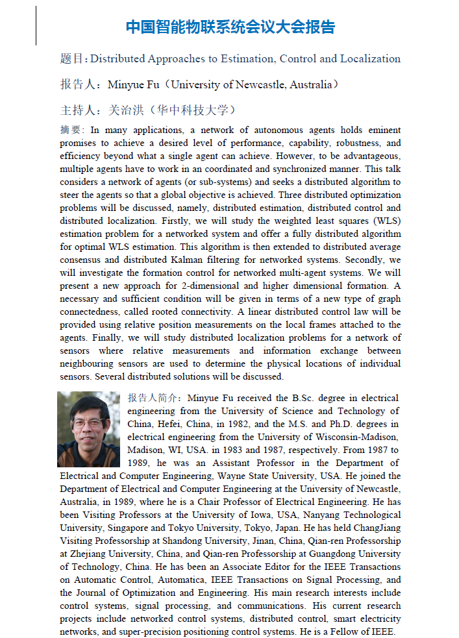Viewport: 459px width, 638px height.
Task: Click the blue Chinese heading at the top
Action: click(x=230, y=27)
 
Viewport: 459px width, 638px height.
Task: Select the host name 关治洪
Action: click(x=124, y=109)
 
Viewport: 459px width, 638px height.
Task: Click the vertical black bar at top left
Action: click(x=36, y=26)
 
